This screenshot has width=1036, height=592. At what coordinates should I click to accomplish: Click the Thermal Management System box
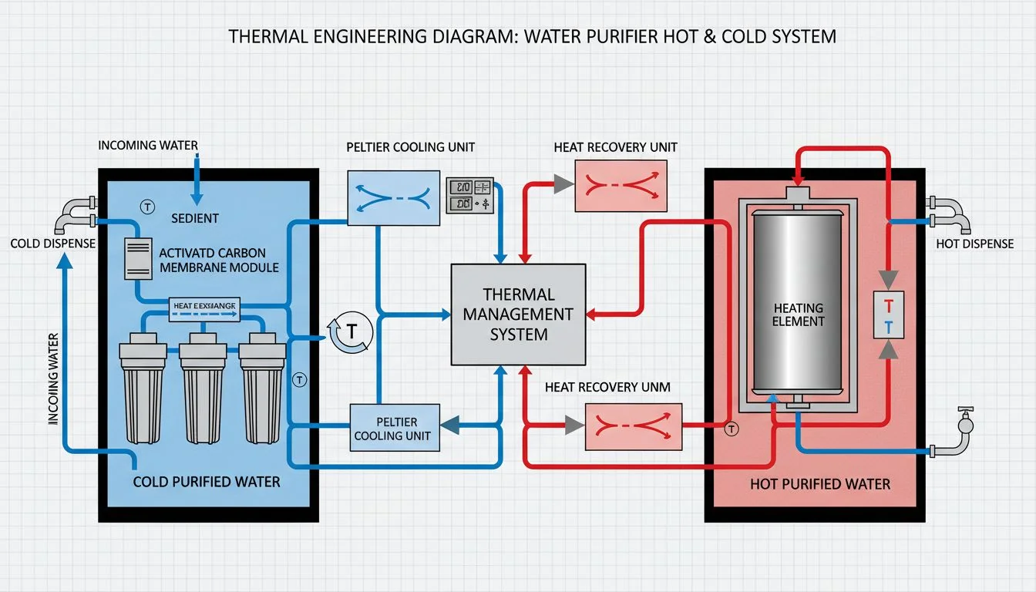(517, 314)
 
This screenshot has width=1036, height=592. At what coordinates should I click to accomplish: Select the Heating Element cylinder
(798, 302)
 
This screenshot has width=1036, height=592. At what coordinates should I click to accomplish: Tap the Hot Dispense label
(974, 244)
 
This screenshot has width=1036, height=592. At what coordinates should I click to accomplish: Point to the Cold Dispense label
(52, 244)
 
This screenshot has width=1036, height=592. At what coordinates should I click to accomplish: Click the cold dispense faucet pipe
(76, 214)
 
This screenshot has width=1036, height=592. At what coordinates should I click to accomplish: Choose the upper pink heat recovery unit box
(621, 186)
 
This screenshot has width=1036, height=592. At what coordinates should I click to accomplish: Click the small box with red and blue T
(888, 314)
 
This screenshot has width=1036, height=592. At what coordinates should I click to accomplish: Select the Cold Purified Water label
(207, 482)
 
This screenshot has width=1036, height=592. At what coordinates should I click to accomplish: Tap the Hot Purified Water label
(820, 484)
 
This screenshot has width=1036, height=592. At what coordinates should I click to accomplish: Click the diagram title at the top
(533, 36)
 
